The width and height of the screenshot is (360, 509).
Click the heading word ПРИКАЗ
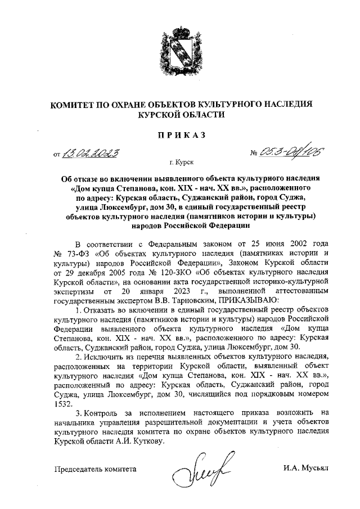[x=180, y=134]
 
